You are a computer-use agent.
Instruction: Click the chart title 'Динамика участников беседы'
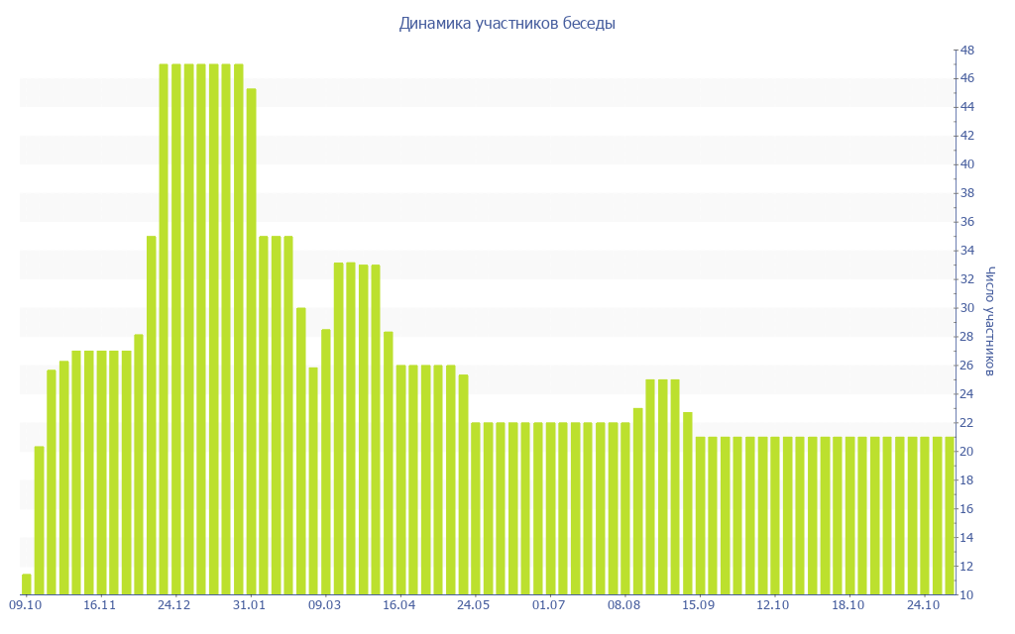pyautogui.click(x=507, y=24)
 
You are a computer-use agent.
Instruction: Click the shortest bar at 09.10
pyautogui.click(x=27, y=584)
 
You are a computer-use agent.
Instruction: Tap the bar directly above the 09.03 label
pyautogui.click(x=325, y=462)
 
